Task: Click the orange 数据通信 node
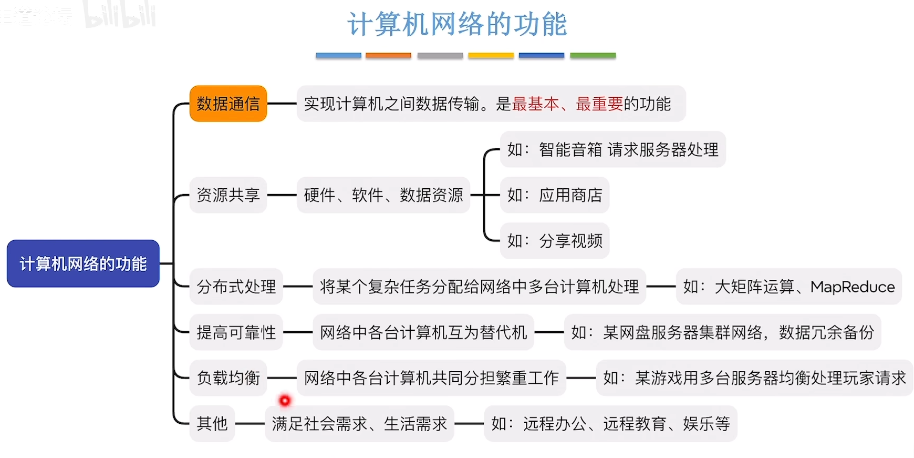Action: click(228, 104)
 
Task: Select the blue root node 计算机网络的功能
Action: click(83, 263)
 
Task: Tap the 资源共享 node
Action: click(228, 195)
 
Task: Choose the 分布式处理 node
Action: click(236, 287)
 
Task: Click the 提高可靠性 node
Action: click(236, 332)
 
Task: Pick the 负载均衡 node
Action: click(228, 378)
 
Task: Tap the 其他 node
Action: click(212, 423)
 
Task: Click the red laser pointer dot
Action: click(285, 401)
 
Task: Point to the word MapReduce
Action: click(852, 287)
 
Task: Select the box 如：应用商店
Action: click(555, 195)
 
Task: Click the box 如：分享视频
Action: click(555, 241)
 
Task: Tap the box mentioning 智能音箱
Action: click(612, 149)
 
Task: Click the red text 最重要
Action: click(599, 104)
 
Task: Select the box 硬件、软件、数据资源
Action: click(383, 195)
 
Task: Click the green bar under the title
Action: click(593, 55)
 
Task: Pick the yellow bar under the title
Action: click(491, 55)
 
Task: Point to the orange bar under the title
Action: click(388, 55)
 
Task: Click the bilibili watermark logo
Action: click(120, 15)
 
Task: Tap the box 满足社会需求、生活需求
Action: click(359, 423)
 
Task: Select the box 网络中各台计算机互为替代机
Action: click(423, 332)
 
